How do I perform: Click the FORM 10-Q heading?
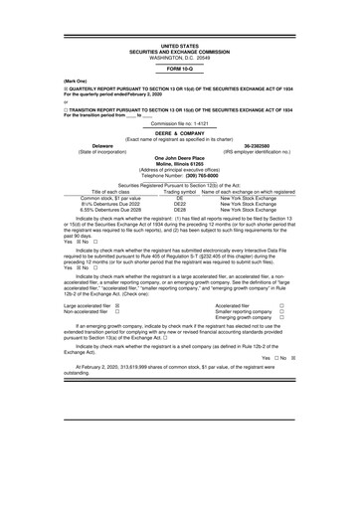coord(179,69)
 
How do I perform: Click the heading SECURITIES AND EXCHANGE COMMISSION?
coord(179,52)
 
